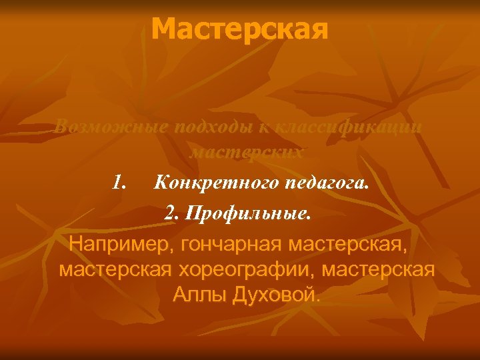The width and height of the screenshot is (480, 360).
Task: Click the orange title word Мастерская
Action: point(239,29)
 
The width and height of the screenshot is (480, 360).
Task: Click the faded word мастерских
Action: point(247,152)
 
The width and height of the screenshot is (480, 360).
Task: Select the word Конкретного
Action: point(213,182)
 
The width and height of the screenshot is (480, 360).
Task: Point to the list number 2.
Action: point(172,214)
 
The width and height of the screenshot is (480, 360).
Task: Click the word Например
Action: point(116,243)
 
